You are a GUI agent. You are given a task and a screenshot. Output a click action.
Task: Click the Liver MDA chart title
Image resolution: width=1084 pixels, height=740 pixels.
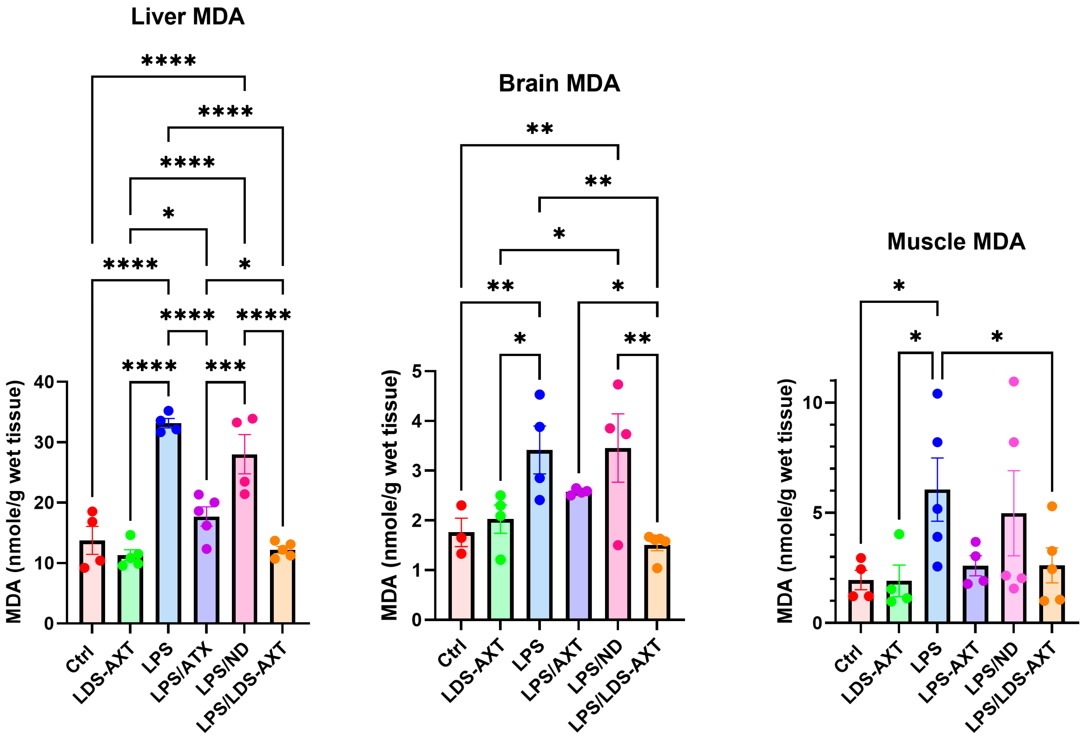[x=188, y=17]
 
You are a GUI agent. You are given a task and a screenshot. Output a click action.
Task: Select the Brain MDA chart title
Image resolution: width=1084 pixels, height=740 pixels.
[x=559, y=83]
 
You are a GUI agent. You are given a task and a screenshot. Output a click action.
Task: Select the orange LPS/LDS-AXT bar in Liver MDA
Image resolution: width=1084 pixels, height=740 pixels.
[x=283, y=587]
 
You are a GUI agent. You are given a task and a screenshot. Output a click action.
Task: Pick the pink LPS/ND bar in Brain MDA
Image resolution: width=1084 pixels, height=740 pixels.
[x=618, y=536]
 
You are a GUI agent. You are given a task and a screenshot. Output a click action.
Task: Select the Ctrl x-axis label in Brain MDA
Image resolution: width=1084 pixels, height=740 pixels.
[x=452, y=653]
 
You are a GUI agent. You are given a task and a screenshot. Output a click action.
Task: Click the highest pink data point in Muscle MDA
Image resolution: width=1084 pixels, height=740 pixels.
[x=1014, y=381]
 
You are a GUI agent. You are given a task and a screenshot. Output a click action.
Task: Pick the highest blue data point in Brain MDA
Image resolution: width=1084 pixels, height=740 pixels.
[x=540, y=394]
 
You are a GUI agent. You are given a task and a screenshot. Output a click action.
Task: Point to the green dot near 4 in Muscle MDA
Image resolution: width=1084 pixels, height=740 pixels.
[x=899, y=534]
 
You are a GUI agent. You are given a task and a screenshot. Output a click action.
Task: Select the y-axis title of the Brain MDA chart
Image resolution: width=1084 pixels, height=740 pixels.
[x=390, y=494]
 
